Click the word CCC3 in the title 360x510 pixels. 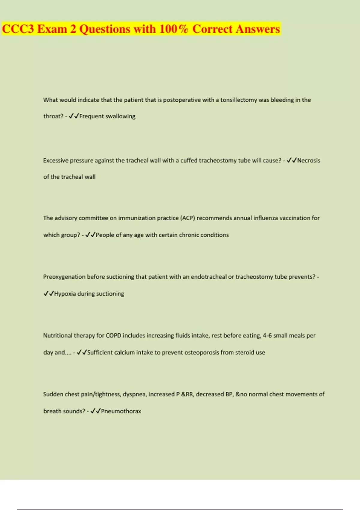coord(18,29)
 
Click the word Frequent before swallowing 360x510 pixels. coord(91,116)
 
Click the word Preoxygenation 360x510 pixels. coord(64,277)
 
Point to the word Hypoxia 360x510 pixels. coord(65,294)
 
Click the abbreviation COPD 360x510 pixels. coord(113,336)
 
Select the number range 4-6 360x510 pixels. coord(267,336)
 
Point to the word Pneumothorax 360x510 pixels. coord(121,411)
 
